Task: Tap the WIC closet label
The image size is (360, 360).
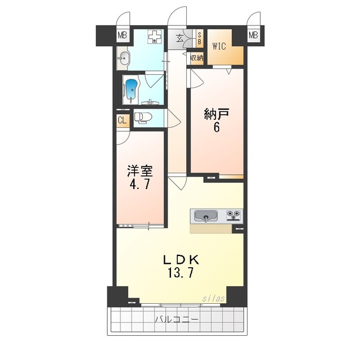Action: tap(219, 47)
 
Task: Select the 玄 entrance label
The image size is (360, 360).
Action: tap(179, 38)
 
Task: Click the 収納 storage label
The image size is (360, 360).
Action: tap(196, 58)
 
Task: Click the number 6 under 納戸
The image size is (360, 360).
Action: tap(217, 128)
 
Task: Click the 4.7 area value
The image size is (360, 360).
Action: tap(139, 185)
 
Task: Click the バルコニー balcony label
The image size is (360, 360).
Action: tap(177, 319)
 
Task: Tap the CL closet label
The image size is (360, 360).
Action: tap(122, 120)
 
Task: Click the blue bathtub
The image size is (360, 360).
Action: tap(132, 89)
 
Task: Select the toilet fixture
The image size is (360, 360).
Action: tap(143, 118)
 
